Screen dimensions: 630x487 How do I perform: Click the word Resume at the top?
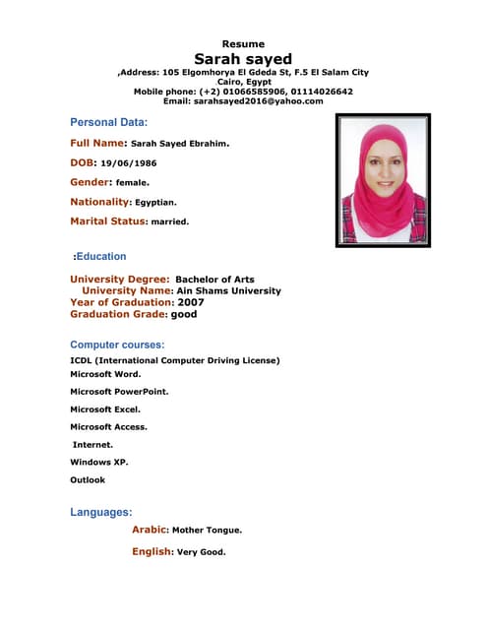243,44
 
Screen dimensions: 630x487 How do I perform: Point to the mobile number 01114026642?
320,92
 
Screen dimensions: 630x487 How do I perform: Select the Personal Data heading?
108,122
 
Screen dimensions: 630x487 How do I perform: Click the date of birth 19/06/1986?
129,163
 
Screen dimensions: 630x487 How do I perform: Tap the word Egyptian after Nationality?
155,202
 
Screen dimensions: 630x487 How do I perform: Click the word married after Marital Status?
169,221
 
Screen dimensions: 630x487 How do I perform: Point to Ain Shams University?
228,291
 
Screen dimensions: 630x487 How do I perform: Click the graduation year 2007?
191,303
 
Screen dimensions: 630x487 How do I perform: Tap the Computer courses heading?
117,345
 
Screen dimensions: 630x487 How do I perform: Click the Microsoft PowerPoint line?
119,392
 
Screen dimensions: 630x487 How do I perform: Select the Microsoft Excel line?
105,409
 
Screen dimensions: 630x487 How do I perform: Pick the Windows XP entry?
99,462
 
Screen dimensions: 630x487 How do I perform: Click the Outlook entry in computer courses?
88,479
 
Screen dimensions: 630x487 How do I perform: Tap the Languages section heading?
101,512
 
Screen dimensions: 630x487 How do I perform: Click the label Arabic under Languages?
150,530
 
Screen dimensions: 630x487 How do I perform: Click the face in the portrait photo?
381,171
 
